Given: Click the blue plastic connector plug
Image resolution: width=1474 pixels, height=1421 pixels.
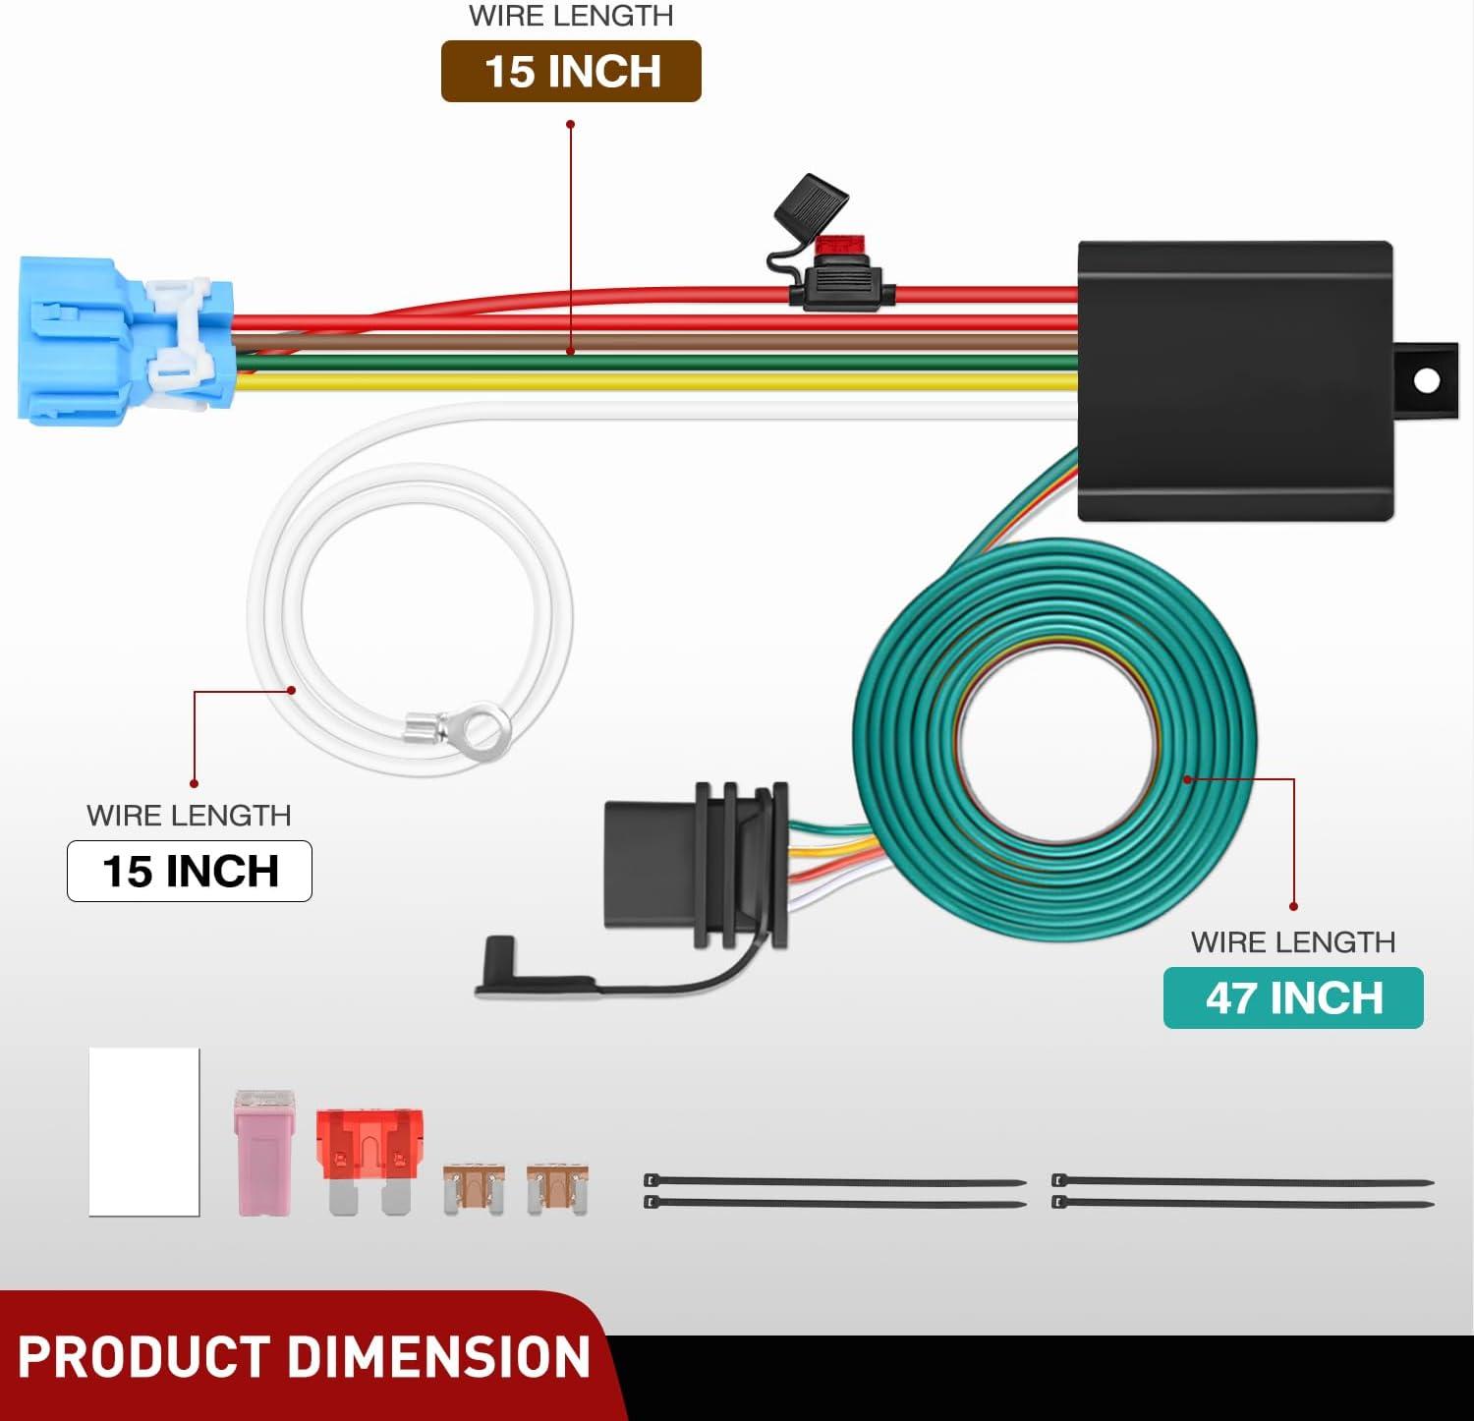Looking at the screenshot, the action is [x=126, y=340].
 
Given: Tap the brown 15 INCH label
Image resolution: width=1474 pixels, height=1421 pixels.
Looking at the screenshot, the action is [x=571, y=71].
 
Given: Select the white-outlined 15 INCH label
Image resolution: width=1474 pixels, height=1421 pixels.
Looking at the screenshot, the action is [x=190, y=871].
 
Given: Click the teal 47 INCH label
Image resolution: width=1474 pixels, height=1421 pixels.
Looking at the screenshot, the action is [x=1293, y=997].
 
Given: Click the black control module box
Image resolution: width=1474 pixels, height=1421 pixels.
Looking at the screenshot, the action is [x=1235, y=381].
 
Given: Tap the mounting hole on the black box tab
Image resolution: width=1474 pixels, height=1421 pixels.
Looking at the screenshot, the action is [x=1426, y=380].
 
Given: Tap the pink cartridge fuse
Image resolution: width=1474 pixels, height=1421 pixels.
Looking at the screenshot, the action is [x=264, y=1152].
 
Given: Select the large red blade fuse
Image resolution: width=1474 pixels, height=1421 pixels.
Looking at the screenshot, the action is [x=369, y=1161].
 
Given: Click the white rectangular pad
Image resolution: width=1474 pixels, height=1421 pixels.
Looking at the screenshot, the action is [x=144, y=1132].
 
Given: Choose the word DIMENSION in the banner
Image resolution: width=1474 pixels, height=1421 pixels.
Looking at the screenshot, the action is [x=439, y=1357].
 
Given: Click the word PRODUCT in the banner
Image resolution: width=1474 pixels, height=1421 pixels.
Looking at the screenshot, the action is [x=143, y=1357].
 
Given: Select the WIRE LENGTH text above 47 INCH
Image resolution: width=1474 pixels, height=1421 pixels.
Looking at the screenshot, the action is [x=1293, y=941].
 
